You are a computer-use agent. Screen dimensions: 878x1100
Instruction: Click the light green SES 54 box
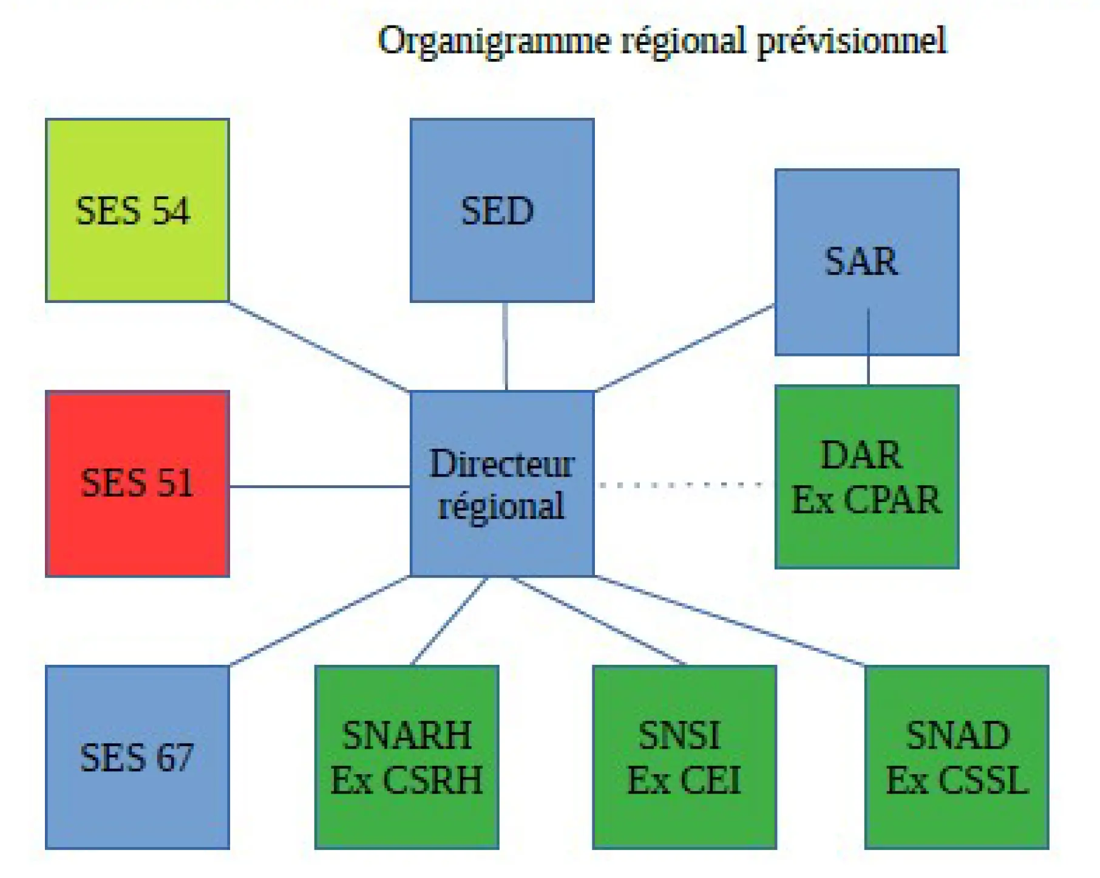pos(137,210)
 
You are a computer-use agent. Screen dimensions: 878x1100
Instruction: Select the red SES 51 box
pos(137,483)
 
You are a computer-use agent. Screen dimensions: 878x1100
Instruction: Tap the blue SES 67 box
pos(137,757)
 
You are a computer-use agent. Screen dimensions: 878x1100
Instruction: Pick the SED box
pos(501,210)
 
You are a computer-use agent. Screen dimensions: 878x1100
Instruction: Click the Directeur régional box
pos(501,483)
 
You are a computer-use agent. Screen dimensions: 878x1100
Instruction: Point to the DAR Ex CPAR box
pos(866,477)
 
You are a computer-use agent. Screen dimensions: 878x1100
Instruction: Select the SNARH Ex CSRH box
pos(407,757)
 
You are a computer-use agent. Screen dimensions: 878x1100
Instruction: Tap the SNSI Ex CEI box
pos(684,757)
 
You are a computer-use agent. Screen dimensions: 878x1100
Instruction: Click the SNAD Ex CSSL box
pos(957,757)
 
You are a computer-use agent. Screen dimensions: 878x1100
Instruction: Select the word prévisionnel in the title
pos(851,41)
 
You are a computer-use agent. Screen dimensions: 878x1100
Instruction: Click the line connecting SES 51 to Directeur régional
pos(319,486)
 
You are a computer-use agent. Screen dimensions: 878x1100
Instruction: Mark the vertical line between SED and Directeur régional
pos(505,346)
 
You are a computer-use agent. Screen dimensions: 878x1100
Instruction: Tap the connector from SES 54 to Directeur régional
pos(319,347)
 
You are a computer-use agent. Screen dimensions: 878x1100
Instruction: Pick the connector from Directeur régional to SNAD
pos(728,621)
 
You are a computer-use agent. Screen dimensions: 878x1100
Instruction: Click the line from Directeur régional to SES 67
pos(319,621)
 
